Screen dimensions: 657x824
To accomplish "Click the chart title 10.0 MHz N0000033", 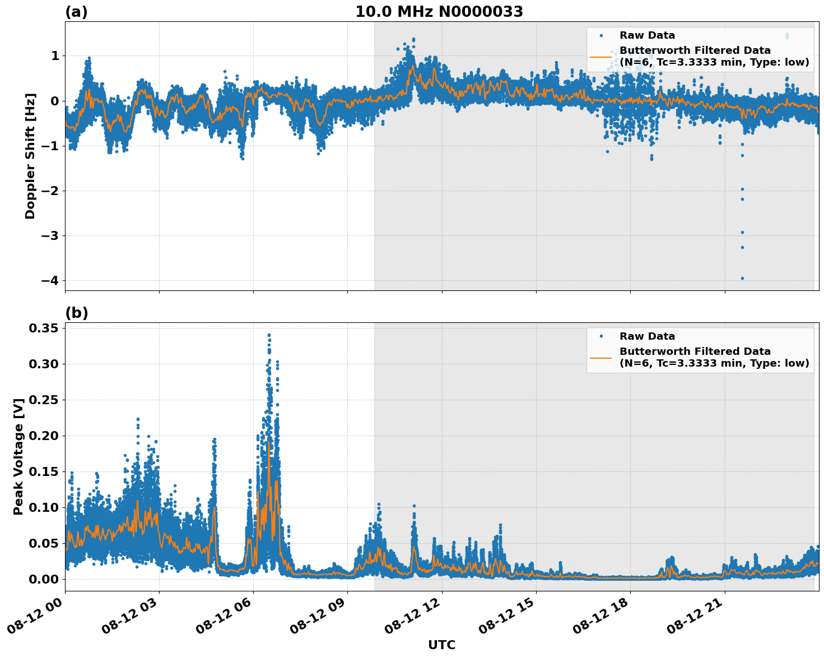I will click(x=439, y=12).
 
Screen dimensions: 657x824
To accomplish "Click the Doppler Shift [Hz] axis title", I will click(x=30, y=156).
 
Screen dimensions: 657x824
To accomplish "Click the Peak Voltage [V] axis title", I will click(x=18, y=456).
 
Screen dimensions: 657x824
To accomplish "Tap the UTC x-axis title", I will click(x=441, y=645).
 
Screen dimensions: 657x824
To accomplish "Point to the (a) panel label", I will click(x=76, y=12).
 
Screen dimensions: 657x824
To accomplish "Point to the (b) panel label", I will click(x=76, y=313).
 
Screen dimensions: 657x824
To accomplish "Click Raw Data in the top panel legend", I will click(x=647, y=35).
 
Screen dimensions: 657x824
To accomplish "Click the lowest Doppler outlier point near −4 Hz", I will click(x=742, y=278).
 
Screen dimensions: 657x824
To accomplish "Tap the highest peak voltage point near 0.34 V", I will click(x=269, y=335).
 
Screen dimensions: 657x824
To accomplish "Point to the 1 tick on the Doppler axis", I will click(x=55, y=55).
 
